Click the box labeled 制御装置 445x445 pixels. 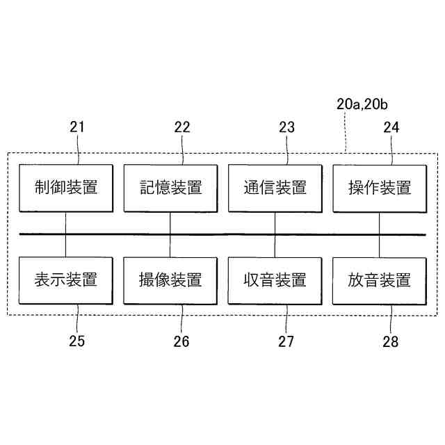pos(65,188)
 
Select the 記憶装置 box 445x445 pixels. pos(170,188)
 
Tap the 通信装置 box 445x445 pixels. pos(275,188)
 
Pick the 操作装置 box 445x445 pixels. pos(379,188)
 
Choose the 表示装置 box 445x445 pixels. pos(65,280)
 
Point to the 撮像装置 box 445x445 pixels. pos(170,280)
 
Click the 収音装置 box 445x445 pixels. pos(275,280)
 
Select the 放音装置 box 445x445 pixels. pos(379,280)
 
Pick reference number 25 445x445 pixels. pos(77,341)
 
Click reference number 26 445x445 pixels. pos(181,341)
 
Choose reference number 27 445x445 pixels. pos(286,341)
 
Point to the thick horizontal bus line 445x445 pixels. pos(222,234)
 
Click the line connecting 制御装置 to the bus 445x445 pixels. pos(65,222)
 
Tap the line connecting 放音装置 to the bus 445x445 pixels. pos(379,245)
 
